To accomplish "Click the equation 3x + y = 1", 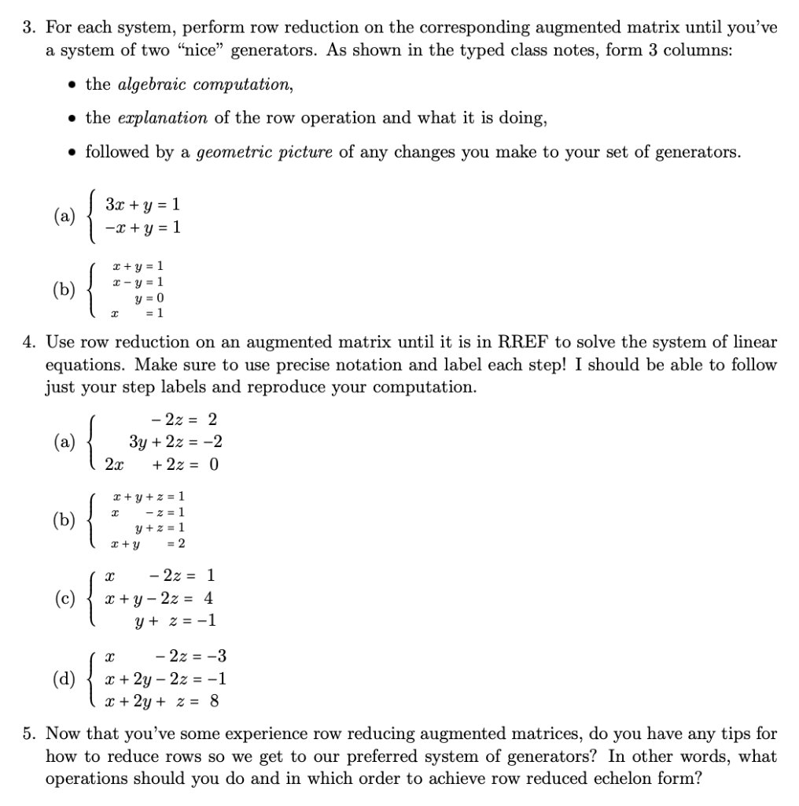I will click(147, 205).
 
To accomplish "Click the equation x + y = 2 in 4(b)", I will click(149, 543).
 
